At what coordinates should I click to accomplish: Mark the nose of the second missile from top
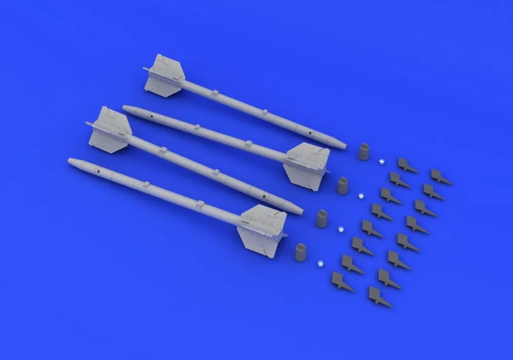(x=126, y=108)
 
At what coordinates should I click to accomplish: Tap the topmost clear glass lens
(x=381, y=162)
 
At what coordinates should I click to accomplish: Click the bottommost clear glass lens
(x=320, y=262)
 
